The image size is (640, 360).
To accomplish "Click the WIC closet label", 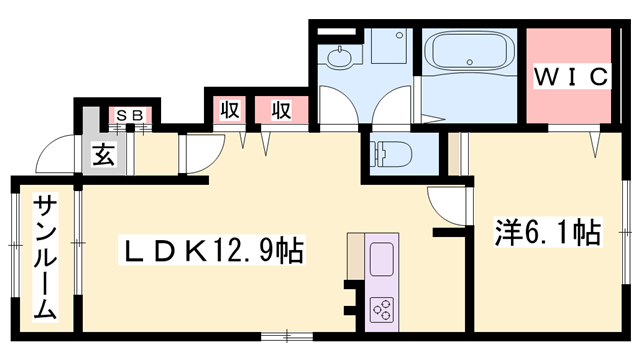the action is click(571, 76).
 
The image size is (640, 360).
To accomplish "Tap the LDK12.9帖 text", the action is click(212, 250).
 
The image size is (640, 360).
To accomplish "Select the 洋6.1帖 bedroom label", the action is click(548, 232).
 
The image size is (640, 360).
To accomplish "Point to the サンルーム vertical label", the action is click(45, 258).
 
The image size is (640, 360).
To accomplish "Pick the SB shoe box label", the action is click(130, 115).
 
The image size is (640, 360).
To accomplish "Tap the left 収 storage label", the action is click(229, 109).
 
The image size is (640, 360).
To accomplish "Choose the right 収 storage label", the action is click(281, 109).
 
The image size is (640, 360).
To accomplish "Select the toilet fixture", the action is click(390, 154).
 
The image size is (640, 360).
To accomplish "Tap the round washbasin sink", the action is click(339, 58).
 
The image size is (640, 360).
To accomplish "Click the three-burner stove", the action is click(382, 309).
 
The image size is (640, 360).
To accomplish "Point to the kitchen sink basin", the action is click(382, 259).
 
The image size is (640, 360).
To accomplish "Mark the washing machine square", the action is click(389, 46).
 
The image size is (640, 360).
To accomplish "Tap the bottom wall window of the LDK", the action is click(287, 337).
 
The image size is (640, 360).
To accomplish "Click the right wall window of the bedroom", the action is click(626, 232).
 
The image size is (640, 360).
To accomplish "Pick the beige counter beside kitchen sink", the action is click(356, 256).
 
